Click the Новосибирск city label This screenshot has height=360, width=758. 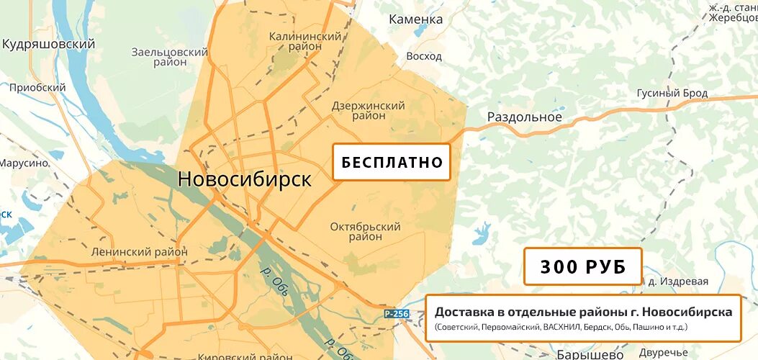(x=245, y=179)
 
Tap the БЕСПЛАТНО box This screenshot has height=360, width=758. (x=391, y=162)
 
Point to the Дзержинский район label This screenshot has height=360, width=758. (x=368, y=110)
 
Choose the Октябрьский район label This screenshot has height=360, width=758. (x=365, y=231)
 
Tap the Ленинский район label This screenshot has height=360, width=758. (x=140, y=252)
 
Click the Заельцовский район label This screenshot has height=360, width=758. (x=170, y=57)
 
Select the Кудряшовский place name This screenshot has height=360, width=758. (x=48, y=45)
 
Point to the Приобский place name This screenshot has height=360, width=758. (x=37, y=88)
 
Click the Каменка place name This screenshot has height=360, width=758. (x=415, y=19)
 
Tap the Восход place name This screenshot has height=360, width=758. (x=424, y=56)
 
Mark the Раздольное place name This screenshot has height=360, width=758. (x=524, y=117)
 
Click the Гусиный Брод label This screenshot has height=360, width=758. (x=672, y=94)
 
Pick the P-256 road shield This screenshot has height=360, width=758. (x=396, y=313)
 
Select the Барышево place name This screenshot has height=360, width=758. (x=590, y=354)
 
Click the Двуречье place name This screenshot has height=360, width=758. (x=663, y=353)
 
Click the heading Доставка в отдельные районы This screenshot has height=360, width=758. (x=583, y=312)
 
